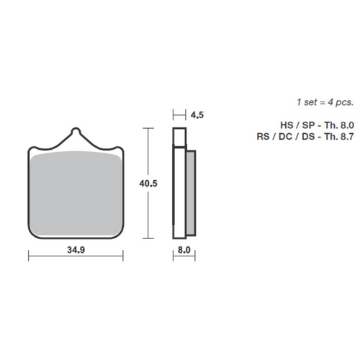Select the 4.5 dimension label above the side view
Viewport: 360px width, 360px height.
point(197,114)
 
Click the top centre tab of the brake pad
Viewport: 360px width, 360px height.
point(76,135)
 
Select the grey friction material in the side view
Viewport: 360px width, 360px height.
point(191,193)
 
